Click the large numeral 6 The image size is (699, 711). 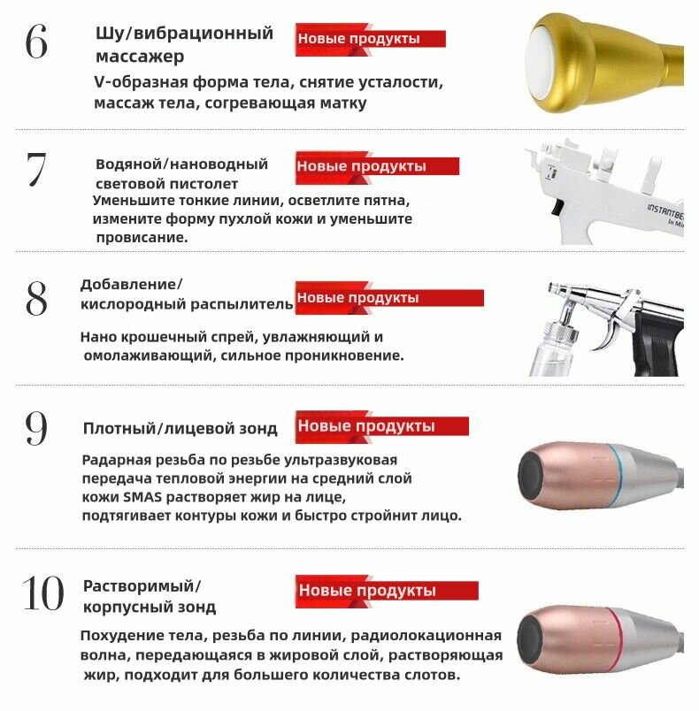coord(36,42)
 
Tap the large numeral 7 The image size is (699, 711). coord(36,169)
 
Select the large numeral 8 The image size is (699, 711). coord(36,298)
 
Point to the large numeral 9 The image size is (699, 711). coord(36,428)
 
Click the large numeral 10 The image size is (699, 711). coord(43,593)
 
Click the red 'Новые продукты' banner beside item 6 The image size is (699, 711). coord(370,40)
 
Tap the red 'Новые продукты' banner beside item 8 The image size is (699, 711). coord(389,298)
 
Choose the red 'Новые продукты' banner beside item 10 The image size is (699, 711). coord(387,591)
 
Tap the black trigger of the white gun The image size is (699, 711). coord(557,207)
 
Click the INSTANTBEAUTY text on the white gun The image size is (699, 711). coord(665,212)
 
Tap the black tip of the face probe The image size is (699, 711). coord(532,476)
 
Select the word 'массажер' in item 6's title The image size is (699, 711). coord(140,57)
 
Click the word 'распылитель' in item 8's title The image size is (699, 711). coord(242,304)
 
